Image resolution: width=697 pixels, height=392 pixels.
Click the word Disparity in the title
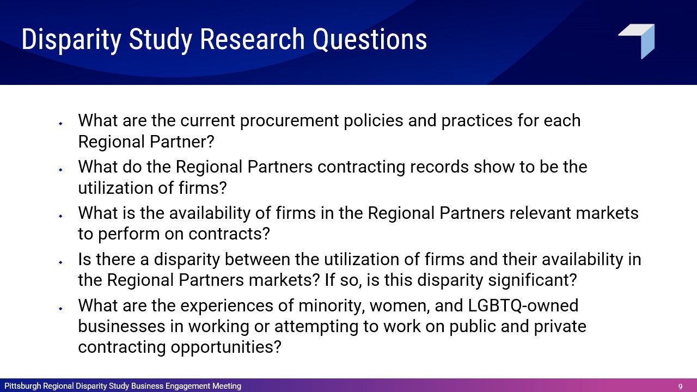[x=71, y=40]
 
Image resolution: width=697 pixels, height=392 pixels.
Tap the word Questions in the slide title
[x=370, y=40]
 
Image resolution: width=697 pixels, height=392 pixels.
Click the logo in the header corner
[x=637, y=41]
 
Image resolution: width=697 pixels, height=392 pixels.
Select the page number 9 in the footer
[x=680, y=387]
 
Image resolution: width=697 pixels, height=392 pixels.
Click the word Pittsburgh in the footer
[x=23, y=386]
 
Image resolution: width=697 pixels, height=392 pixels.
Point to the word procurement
[x=289, y=121]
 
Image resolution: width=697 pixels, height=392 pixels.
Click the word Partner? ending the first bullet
[x=182, y=142]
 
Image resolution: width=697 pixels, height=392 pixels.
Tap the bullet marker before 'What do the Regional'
[x=60, y=170]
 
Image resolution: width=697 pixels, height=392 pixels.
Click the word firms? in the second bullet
[x=203, y=188]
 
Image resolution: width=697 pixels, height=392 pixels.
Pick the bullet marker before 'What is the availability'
[x=60, y=216]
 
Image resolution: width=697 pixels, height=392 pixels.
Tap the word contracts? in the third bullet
[x=229, y=234]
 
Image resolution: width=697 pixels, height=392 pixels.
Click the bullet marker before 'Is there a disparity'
[x=60, y=262]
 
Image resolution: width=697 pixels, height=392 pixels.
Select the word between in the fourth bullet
[x=258, y=259]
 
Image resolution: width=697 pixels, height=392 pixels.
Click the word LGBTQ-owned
[x=523, y=305]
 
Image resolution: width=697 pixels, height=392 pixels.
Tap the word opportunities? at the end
[x=226, y=347]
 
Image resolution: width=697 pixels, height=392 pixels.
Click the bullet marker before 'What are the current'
[x=60, y=124]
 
